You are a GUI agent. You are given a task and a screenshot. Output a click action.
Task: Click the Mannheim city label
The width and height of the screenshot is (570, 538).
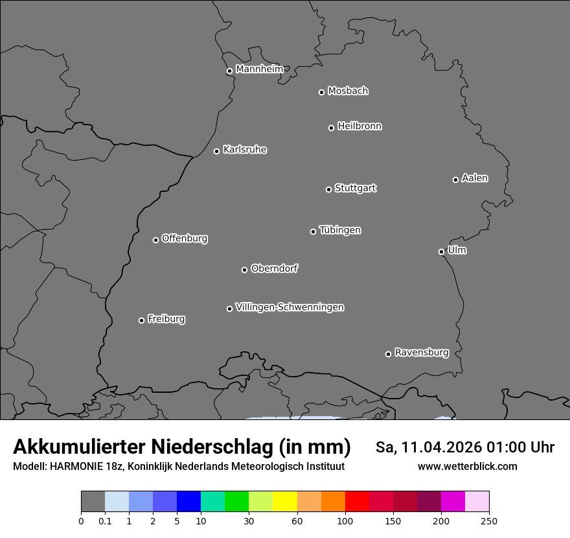[x=259, y=69]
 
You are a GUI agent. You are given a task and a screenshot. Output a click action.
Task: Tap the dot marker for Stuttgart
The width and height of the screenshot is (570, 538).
[x=328, y=189]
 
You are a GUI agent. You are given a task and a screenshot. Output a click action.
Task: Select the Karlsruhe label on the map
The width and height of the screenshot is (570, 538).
[x=245, y=150]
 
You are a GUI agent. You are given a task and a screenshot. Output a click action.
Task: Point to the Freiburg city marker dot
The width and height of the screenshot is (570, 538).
[x=141, y=320]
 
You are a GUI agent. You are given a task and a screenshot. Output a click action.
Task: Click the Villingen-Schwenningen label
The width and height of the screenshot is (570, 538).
[x=290, y=307]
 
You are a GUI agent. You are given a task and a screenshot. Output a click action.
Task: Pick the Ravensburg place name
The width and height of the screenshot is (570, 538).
[x=422, y=353]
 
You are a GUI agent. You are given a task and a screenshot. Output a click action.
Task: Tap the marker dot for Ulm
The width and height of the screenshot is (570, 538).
[x=441, y=251]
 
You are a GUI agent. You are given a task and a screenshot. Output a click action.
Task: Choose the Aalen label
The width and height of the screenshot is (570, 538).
[x=475, y=178]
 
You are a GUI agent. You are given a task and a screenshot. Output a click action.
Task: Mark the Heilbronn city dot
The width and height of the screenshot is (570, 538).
[x=331, y=128]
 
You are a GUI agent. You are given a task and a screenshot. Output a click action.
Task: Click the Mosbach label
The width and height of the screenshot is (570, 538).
[x=348, y=91]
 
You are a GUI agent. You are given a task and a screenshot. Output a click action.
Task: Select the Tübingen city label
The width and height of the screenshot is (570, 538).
[x=340, y=230]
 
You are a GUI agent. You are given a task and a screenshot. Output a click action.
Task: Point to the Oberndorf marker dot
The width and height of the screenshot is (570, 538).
[x=244, y=270]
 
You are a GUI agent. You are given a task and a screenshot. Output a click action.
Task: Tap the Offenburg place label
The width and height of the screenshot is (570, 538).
[x=185, y=239]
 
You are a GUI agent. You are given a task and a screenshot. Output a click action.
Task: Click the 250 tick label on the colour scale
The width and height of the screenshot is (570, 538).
[x=489, y=520]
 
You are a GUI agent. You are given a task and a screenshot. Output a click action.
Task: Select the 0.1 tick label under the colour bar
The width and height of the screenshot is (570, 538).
[x=105, y=520]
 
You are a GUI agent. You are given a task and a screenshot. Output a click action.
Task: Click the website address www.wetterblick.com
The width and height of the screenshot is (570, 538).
[x=467, y=466]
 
